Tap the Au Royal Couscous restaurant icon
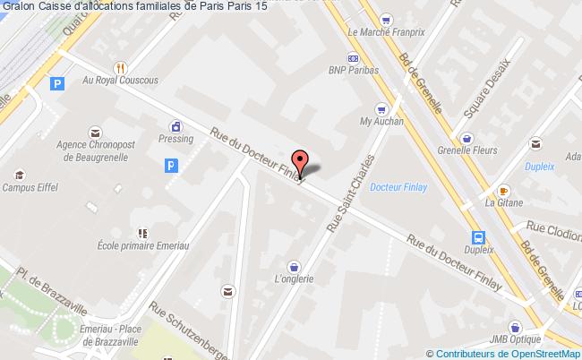coord(120,66)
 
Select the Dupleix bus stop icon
coord(480,238)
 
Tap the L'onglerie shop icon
coord(294,265)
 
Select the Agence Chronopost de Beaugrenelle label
coord(95,149)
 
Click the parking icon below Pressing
coord(172,165)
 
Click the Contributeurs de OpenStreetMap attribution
coord(503,353)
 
